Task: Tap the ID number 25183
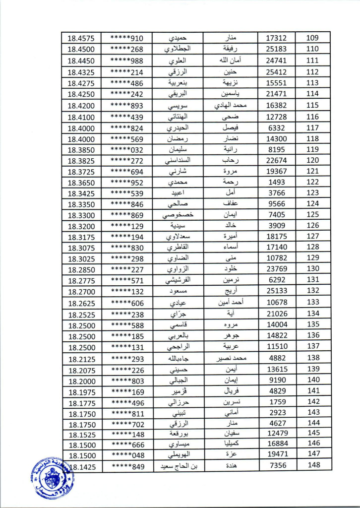point(277,49)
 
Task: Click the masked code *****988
point(126,61)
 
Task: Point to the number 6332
point(277,128)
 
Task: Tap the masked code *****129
point(126,226)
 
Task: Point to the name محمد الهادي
point(238,105)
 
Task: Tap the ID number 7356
point(277,465)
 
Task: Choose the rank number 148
point(313,465)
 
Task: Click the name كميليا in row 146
point(238,444)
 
